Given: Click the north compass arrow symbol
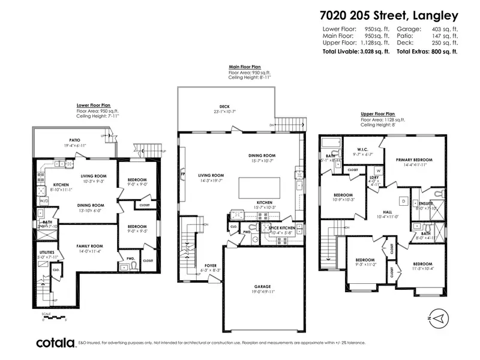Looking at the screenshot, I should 440,316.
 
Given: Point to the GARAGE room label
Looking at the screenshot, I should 261,287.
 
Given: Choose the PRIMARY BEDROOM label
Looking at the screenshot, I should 414,160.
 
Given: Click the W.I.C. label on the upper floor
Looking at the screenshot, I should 362,149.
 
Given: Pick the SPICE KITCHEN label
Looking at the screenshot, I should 278,227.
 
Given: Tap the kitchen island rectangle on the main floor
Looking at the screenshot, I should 256,187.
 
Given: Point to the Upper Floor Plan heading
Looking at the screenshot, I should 378,113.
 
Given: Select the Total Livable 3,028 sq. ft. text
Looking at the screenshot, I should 356,52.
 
